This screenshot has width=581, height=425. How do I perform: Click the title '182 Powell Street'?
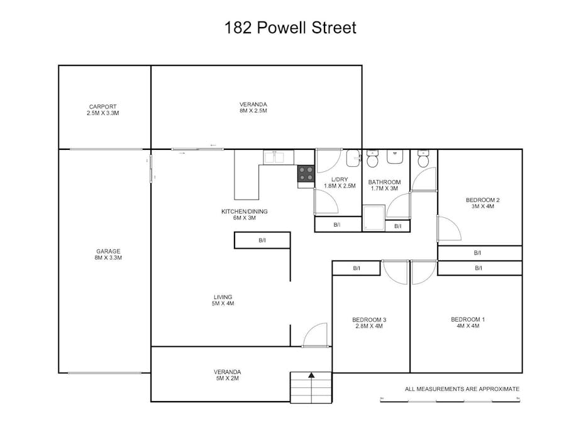(x=290, y=28)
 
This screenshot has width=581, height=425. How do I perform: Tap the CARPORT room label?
(x=102, y=106)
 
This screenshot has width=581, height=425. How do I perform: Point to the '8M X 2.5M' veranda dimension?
(x=253, y=111)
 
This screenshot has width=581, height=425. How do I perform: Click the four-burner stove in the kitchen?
(x=306, y=174)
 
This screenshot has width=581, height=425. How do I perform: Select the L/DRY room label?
(x=340, y=179)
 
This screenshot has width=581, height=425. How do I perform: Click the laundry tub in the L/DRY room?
(x=353, y=158)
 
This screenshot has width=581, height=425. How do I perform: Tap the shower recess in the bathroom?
(x=375, y=218)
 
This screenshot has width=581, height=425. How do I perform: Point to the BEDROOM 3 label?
(x=369, y=320)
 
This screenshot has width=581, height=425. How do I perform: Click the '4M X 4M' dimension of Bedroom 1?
(x=467, y=326)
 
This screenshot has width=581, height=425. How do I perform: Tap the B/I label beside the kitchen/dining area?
(x=262, y=241)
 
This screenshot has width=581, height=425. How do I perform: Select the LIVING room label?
(x=223, y=297)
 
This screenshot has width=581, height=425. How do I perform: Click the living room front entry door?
(x=315, y=335)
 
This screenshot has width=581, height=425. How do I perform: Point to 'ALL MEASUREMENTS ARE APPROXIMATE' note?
(x=462, y=389)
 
